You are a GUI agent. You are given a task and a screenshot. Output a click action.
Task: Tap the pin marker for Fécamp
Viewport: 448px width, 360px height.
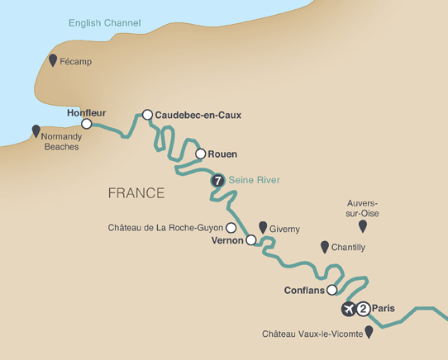54,60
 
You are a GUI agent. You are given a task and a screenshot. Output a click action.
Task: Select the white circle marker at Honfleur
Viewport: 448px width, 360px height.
86,124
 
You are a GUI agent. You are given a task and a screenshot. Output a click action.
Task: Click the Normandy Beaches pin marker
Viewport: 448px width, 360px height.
36,130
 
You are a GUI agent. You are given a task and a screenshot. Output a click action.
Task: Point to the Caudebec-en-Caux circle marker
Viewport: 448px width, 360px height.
147,116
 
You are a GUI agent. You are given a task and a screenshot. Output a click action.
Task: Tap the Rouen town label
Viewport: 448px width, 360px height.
223,154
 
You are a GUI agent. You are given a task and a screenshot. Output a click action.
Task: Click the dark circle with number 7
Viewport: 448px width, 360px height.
217,180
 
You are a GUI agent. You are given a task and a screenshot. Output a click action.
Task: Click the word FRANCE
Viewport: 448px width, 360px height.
136,193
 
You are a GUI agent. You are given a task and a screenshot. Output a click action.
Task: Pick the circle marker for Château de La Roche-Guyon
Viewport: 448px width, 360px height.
231,228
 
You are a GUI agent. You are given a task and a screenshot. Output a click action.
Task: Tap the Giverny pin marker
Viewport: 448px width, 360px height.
263,226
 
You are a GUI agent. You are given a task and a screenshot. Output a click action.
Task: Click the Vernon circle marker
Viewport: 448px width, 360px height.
250,241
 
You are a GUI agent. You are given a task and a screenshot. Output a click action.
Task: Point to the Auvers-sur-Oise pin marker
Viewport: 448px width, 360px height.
361,225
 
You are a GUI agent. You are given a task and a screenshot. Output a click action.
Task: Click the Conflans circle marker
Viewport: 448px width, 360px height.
332,290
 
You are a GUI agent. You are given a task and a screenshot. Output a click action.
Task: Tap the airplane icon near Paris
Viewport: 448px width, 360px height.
348,309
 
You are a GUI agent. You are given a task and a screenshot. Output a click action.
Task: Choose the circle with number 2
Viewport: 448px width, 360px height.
363,309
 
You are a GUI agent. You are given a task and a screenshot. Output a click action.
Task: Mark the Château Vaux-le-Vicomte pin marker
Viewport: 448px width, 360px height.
369,331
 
